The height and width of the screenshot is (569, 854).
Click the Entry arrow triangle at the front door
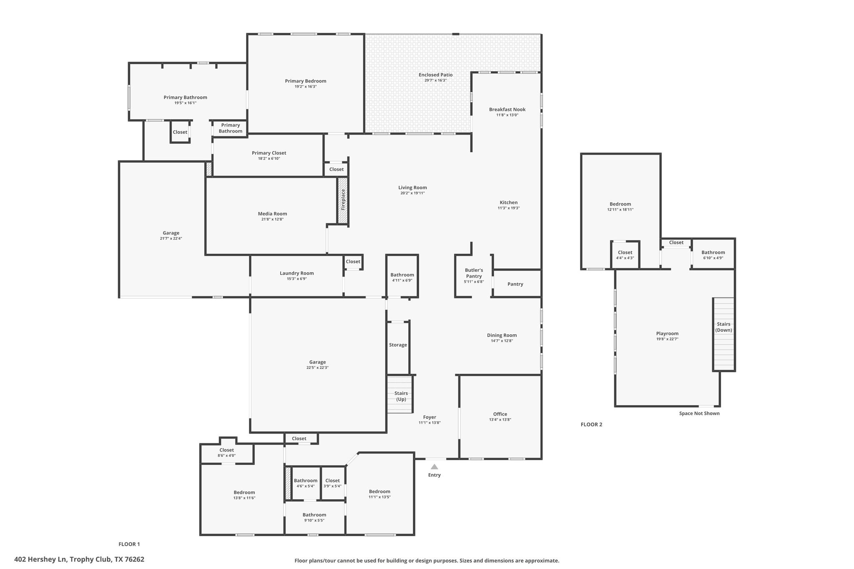click(434, 467)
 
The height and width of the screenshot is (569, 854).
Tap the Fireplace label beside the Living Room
click(343, 200)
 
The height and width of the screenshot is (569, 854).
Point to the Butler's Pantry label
click(474, 273)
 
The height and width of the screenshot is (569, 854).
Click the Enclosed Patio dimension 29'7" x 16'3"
click(435, 80)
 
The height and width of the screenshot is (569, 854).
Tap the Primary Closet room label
click(269, 153)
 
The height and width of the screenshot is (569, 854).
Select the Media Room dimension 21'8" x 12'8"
click(272, 219)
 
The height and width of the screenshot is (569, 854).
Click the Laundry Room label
click(296, 273)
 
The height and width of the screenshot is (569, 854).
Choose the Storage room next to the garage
click(398, 345)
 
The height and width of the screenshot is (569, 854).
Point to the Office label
click(500, 414)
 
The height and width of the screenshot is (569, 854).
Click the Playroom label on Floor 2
click(667, 333)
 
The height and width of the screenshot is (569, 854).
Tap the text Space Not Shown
click(699, 414)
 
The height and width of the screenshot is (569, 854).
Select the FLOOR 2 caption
click(591, 424)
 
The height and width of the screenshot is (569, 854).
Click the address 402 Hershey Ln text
click(79, 559)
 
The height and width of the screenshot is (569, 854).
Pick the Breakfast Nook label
click(507, 110)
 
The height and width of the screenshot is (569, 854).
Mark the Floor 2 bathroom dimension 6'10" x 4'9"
click(713, 258)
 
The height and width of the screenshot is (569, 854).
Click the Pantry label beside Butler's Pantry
click(515, 284)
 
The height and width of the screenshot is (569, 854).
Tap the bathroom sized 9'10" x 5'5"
click(314, 517)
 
